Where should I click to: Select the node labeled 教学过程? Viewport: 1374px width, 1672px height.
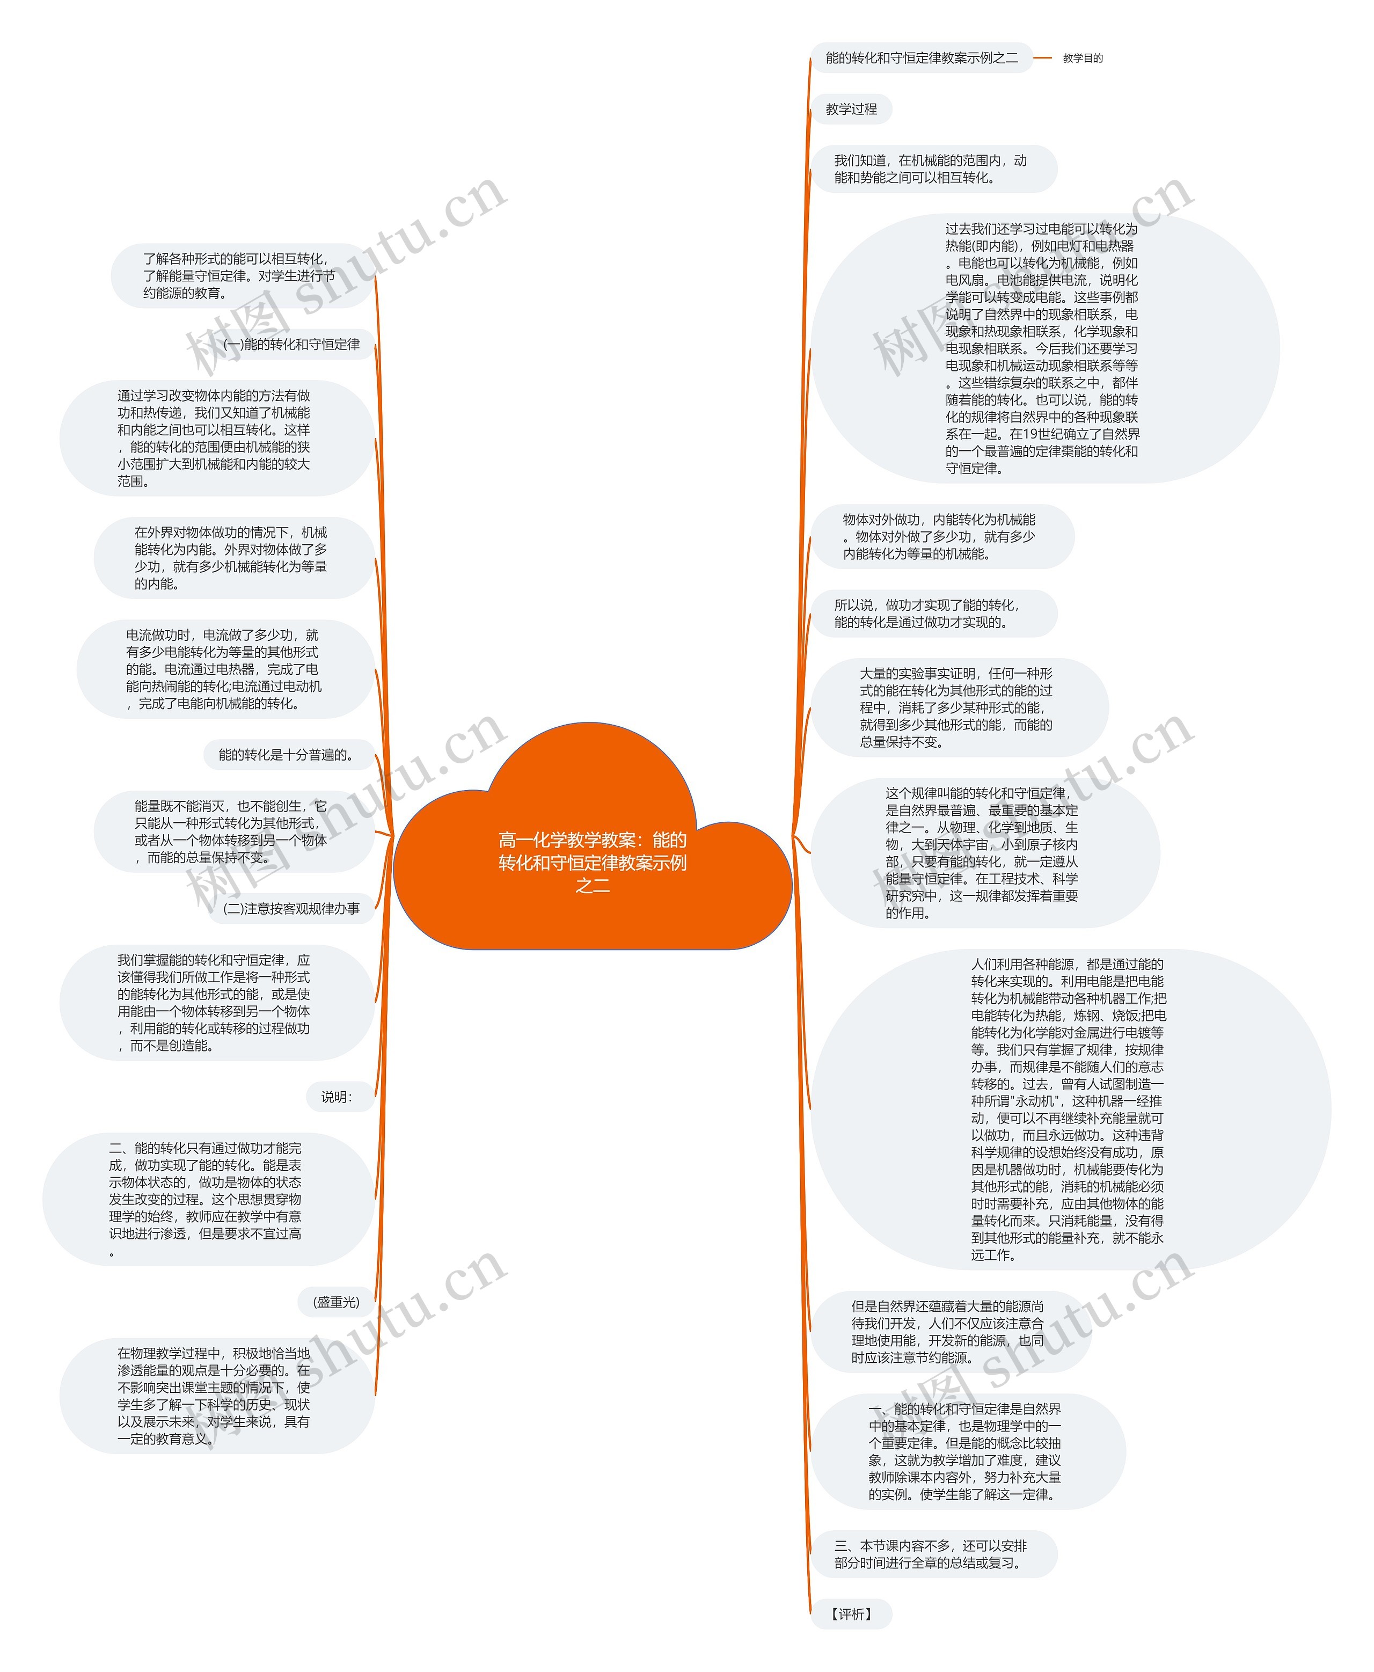(851, 109)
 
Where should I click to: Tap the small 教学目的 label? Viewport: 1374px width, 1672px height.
(1082, 58)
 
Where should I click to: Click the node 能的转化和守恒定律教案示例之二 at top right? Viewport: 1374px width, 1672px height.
(921, 58)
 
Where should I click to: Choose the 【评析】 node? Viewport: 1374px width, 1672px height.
(851, 1614)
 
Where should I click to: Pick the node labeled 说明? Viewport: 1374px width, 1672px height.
(337, 1097)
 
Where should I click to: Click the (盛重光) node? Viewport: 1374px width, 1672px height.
(337, 1302)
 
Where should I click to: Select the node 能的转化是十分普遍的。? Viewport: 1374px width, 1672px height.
(287, 755)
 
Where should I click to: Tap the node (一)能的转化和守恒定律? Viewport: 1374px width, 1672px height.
(291, 345)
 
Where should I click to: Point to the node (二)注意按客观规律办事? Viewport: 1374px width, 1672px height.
(291, 908)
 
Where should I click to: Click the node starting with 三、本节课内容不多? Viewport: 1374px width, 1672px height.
(932, 1554)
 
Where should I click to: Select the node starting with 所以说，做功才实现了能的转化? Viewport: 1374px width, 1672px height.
(932, 614)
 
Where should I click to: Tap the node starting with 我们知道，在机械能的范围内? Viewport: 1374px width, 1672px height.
(932, 169)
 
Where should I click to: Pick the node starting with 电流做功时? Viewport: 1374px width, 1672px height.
(223, 669)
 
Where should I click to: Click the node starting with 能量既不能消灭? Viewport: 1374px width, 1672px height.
(231, 831)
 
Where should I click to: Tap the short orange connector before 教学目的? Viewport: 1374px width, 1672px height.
(1042, 58)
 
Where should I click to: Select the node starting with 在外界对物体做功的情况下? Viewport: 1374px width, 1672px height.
(231, 558)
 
